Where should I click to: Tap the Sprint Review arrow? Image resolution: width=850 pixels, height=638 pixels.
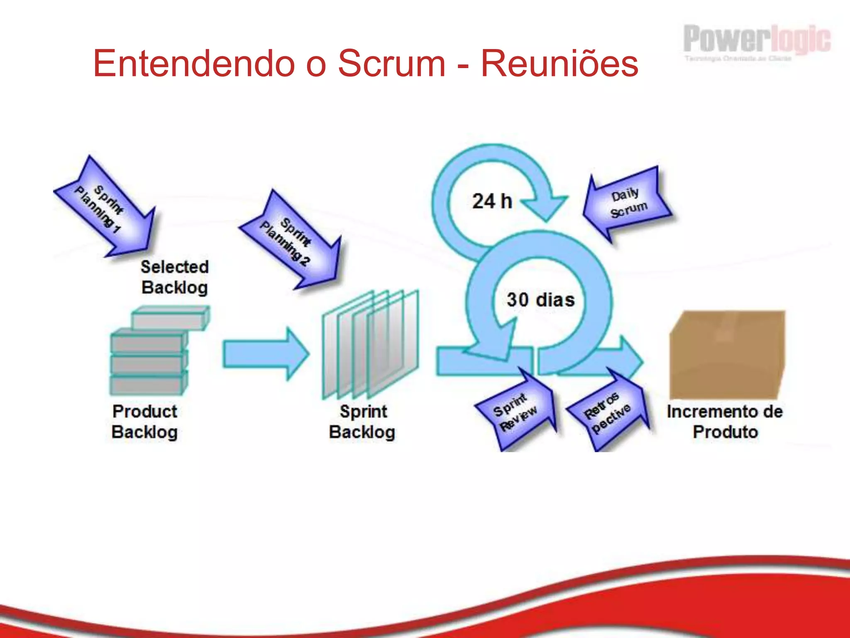point(517,411)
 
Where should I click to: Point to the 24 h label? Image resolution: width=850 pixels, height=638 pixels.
point(492,201)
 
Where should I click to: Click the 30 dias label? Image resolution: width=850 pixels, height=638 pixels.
point(540,300)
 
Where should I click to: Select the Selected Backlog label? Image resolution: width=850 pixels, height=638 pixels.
point(174,277)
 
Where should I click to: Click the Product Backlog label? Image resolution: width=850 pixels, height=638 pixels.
point(145,422)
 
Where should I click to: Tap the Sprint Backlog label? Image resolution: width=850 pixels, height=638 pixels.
point(362,422)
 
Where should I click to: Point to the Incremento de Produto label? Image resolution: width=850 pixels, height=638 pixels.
point(725,422)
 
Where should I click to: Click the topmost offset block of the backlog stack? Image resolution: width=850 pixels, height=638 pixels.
point(170,319)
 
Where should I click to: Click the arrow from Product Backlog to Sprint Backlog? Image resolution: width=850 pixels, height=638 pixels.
point(266,354)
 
